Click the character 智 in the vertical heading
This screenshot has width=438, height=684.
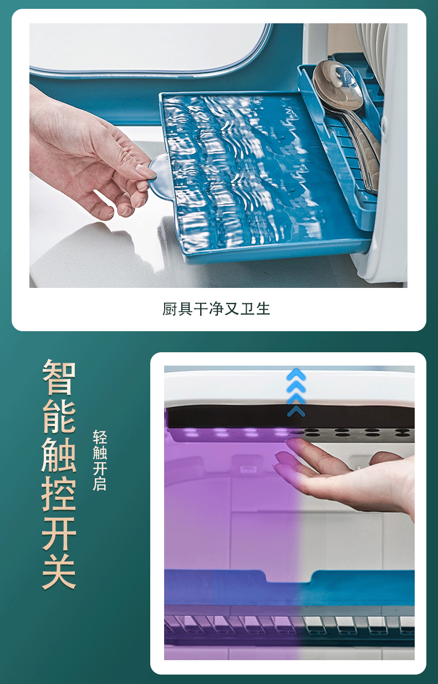(x=59, y=378)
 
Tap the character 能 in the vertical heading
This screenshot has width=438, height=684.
(x=59, y=418)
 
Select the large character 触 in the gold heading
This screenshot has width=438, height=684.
(x=59, y=456)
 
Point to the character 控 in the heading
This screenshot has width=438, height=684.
(x=59, y=495)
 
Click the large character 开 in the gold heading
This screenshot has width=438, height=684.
(x=59, y=534)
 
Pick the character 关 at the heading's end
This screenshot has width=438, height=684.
(x=59, y=572)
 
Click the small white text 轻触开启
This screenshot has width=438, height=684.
(x=100, y=460)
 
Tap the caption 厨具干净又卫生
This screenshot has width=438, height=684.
(x=216, y=309)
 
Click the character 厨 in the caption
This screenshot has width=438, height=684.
(x=170, y=309)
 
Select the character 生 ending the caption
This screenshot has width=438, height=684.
(x=263, y=309)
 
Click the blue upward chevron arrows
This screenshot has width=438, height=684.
(x=296, y=391)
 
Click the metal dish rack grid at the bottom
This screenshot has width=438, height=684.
(x=289, y=624)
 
